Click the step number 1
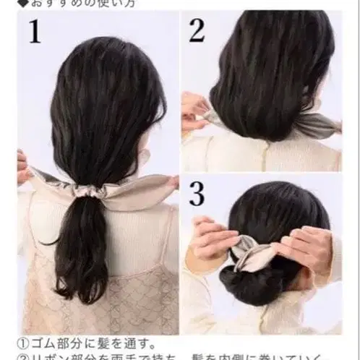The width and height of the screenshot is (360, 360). click(34, 32)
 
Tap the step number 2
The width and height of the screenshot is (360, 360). click(196, 31)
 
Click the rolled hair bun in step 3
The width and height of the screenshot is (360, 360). click(253, 278)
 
